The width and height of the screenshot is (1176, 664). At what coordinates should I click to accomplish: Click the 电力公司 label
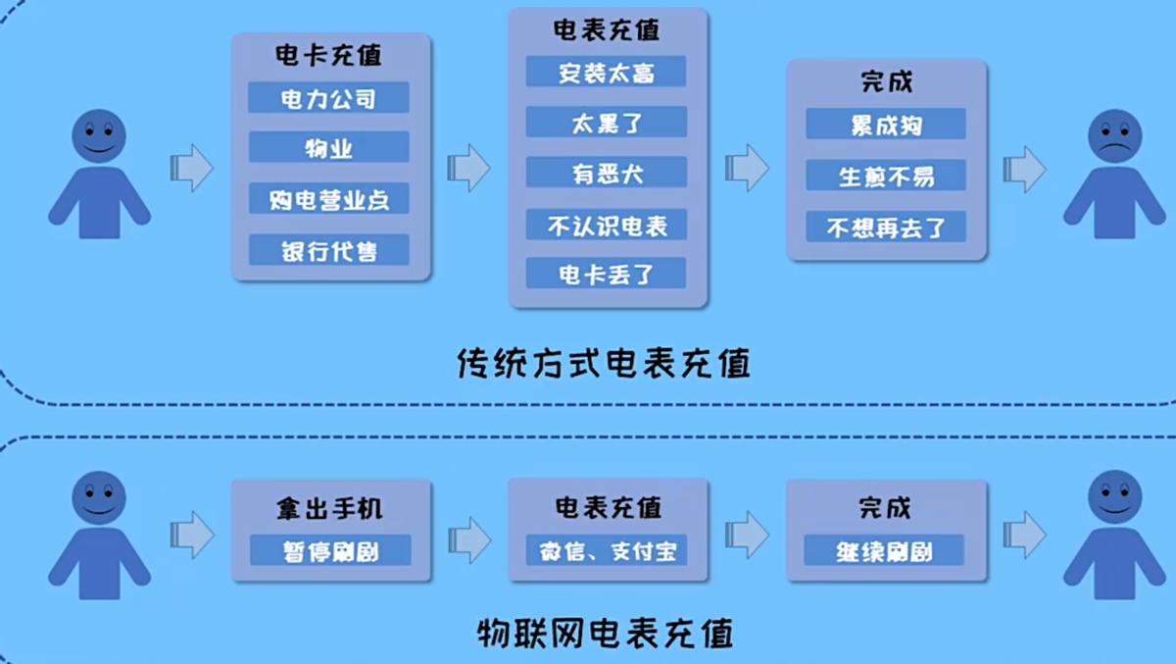328,97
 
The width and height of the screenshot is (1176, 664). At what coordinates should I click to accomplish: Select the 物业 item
328,148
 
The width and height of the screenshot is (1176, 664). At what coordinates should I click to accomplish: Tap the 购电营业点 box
328,199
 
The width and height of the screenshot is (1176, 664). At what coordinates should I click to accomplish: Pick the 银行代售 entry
328,250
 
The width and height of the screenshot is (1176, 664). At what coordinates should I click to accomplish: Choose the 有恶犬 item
606,173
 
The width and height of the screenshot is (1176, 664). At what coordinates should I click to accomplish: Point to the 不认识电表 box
606,225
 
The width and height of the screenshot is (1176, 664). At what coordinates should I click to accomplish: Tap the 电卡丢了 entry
606,274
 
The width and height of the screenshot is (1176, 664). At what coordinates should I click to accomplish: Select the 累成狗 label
886,125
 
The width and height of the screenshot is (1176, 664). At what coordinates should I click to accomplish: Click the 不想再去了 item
886,228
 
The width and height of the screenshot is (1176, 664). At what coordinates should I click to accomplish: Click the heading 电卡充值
328,56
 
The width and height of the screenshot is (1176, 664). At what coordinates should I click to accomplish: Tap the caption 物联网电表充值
606,632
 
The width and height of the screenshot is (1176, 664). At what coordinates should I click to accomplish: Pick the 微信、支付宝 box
607,550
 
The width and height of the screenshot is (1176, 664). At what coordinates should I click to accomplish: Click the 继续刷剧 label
885,550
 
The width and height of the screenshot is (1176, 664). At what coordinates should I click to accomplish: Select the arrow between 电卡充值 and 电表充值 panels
468,168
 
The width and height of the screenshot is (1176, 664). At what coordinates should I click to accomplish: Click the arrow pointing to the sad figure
1025,168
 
